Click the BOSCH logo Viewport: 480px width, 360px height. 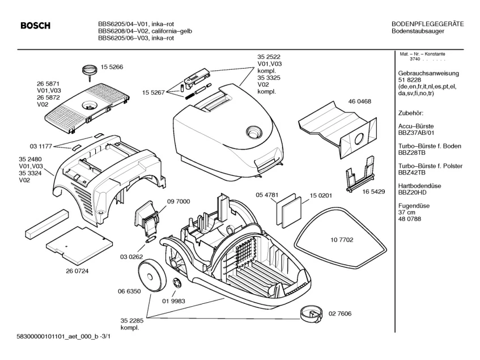(36, 26)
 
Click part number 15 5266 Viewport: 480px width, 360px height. (112, 67)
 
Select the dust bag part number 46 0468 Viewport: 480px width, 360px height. (360, 101)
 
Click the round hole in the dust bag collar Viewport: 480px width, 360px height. (358, 139)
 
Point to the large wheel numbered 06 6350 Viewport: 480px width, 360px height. (152, 276)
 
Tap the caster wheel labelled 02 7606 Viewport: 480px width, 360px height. (311, 314)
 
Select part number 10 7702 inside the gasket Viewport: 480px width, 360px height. (342, 240)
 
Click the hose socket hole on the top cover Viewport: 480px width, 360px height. (254, 133)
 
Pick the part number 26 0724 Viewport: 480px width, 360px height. (77, 271)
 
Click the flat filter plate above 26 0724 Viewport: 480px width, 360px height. (76, 246)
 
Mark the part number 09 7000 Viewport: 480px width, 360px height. (179, 201)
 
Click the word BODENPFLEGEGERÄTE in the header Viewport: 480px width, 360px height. (428, 24)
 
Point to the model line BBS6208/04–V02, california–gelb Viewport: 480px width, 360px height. (145, 31)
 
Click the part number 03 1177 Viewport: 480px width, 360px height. (41, 146)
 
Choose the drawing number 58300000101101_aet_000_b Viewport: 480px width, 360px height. (56, 337)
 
